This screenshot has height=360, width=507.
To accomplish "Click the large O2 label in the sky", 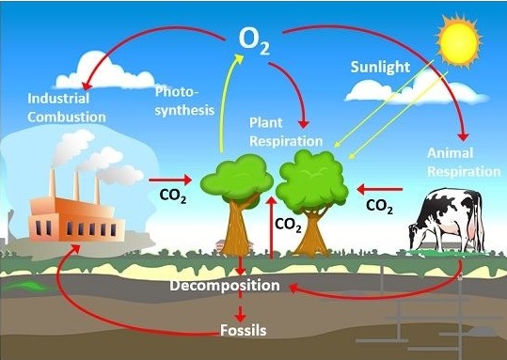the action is [254, 41].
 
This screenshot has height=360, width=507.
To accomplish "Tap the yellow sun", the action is [459, 41].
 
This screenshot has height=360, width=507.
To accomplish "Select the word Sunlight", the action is [380, 68].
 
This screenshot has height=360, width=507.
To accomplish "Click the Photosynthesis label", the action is [184, 101].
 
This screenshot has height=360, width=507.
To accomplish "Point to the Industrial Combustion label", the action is [66, 107].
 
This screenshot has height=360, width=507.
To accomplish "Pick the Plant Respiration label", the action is [286, 133].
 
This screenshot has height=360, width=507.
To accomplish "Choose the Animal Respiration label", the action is [464, 163].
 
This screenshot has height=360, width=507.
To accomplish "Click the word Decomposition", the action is [225, 286].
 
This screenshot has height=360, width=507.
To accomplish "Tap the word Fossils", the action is [243, 330].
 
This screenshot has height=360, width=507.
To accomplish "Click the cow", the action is [447, 221].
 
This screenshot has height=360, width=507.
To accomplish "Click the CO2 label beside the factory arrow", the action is [173, 196].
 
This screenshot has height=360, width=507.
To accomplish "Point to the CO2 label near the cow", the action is [379, 206].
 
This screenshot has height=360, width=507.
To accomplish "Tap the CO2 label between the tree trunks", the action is [288, 225].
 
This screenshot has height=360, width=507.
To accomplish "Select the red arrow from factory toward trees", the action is [170, 180].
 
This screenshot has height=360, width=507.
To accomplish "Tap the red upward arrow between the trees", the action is [271, 227].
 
